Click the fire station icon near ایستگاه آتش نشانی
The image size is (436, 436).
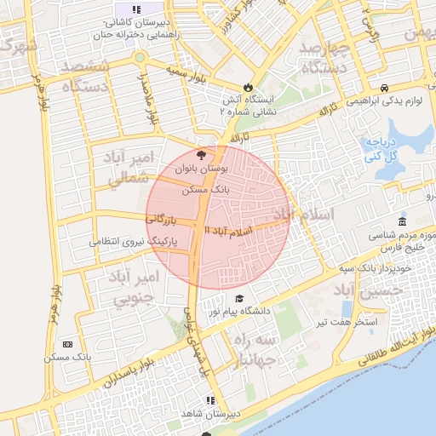click(x=248, y=87)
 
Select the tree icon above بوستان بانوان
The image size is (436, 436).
click(x=201, y=155)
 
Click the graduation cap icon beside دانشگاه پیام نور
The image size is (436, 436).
click(x=239, y=299)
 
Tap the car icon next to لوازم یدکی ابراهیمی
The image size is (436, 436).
click(x=385, y=88)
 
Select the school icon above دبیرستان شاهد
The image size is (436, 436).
click(x=209, y=400)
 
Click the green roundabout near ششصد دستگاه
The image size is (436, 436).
click(x=138, y=58)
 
